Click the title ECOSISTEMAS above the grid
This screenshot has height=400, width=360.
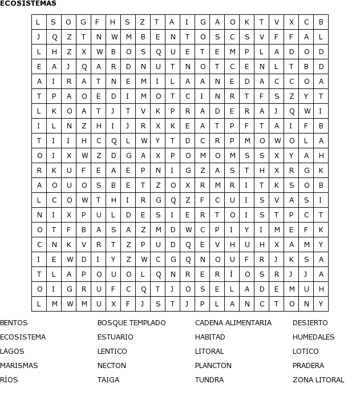point(28,3)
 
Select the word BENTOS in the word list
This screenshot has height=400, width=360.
point(14,323)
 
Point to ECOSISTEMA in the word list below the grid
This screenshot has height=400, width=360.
point(23,337)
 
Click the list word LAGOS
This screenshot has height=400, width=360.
point(12,351)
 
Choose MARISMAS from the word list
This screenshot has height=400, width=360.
point(19,366)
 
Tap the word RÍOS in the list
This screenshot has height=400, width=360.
point(9,380)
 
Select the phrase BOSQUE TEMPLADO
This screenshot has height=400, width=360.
point(131,323)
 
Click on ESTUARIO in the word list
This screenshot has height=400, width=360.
point(115,337)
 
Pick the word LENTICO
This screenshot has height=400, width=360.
point(112,351)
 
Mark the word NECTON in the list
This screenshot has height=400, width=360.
point(112,366)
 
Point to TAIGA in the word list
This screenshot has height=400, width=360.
point(108,380)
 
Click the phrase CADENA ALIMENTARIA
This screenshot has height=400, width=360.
point(233,323)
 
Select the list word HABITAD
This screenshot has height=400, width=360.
point(210,337)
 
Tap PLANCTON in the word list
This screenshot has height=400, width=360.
point(213,366)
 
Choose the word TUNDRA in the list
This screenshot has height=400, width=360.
point(209,380)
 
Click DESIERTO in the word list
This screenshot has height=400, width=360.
point(310,323)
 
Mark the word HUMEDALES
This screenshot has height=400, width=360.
point(314,337)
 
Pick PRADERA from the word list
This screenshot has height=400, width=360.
point(309,366)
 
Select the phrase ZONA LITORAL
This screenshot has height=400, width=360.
point(318,380)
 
